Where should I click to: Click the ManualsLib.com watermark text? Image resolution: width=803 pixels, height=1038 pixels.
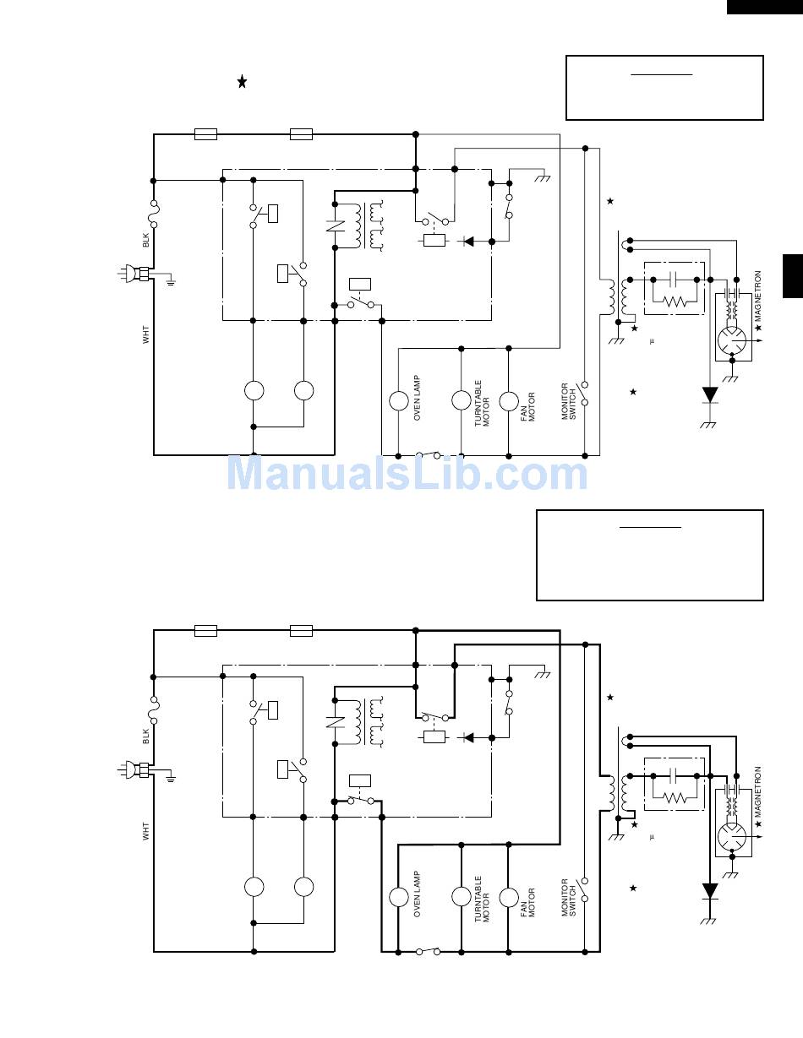tap(407, 473)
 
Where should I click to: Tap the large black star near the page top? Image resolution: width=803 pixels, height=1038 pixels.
tap(243, 82)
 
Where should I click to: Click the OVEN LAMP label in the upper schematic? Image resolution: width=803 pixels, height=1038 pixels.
tap(418, 398)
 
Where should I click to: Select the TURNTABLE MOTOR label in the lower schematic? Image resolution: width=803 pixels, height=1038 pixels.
tap(482, 899)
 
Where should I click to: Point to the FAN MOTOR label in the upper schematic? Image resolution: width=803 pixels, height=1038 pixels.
tap(527, 406)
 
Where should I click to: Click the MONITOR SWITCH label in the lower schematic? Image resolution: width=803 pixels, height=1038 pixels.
tap(569, 898)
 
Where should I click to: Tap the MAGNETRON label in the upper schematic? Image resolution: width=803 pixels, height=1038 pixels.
tap(758, 296)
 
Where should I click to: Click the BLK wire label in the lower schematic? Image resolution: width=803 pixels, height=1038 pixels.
tap(145, 736)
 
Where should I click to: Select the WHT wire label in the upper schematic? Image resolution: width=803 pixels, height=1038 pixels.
tap(145, 334)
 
